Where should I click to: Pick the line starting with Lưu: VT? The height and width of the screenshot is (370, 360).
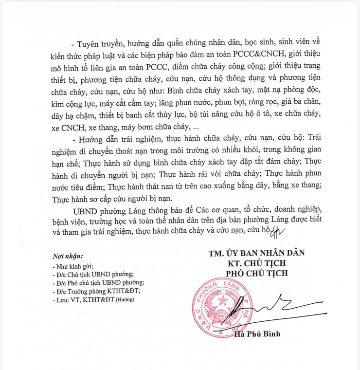tap(92, 299)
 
